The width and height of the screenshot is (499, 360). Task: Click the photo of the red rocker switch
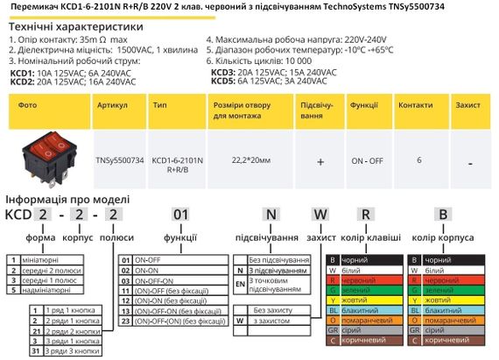point(45,159)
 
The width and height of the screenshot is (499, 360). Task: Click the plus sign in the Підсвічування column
point(320,162)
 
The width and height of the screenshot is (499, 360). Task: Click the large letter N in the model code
point(271,215)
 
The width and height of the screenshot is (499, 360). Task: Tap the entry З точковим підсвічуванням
point(280,286)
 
